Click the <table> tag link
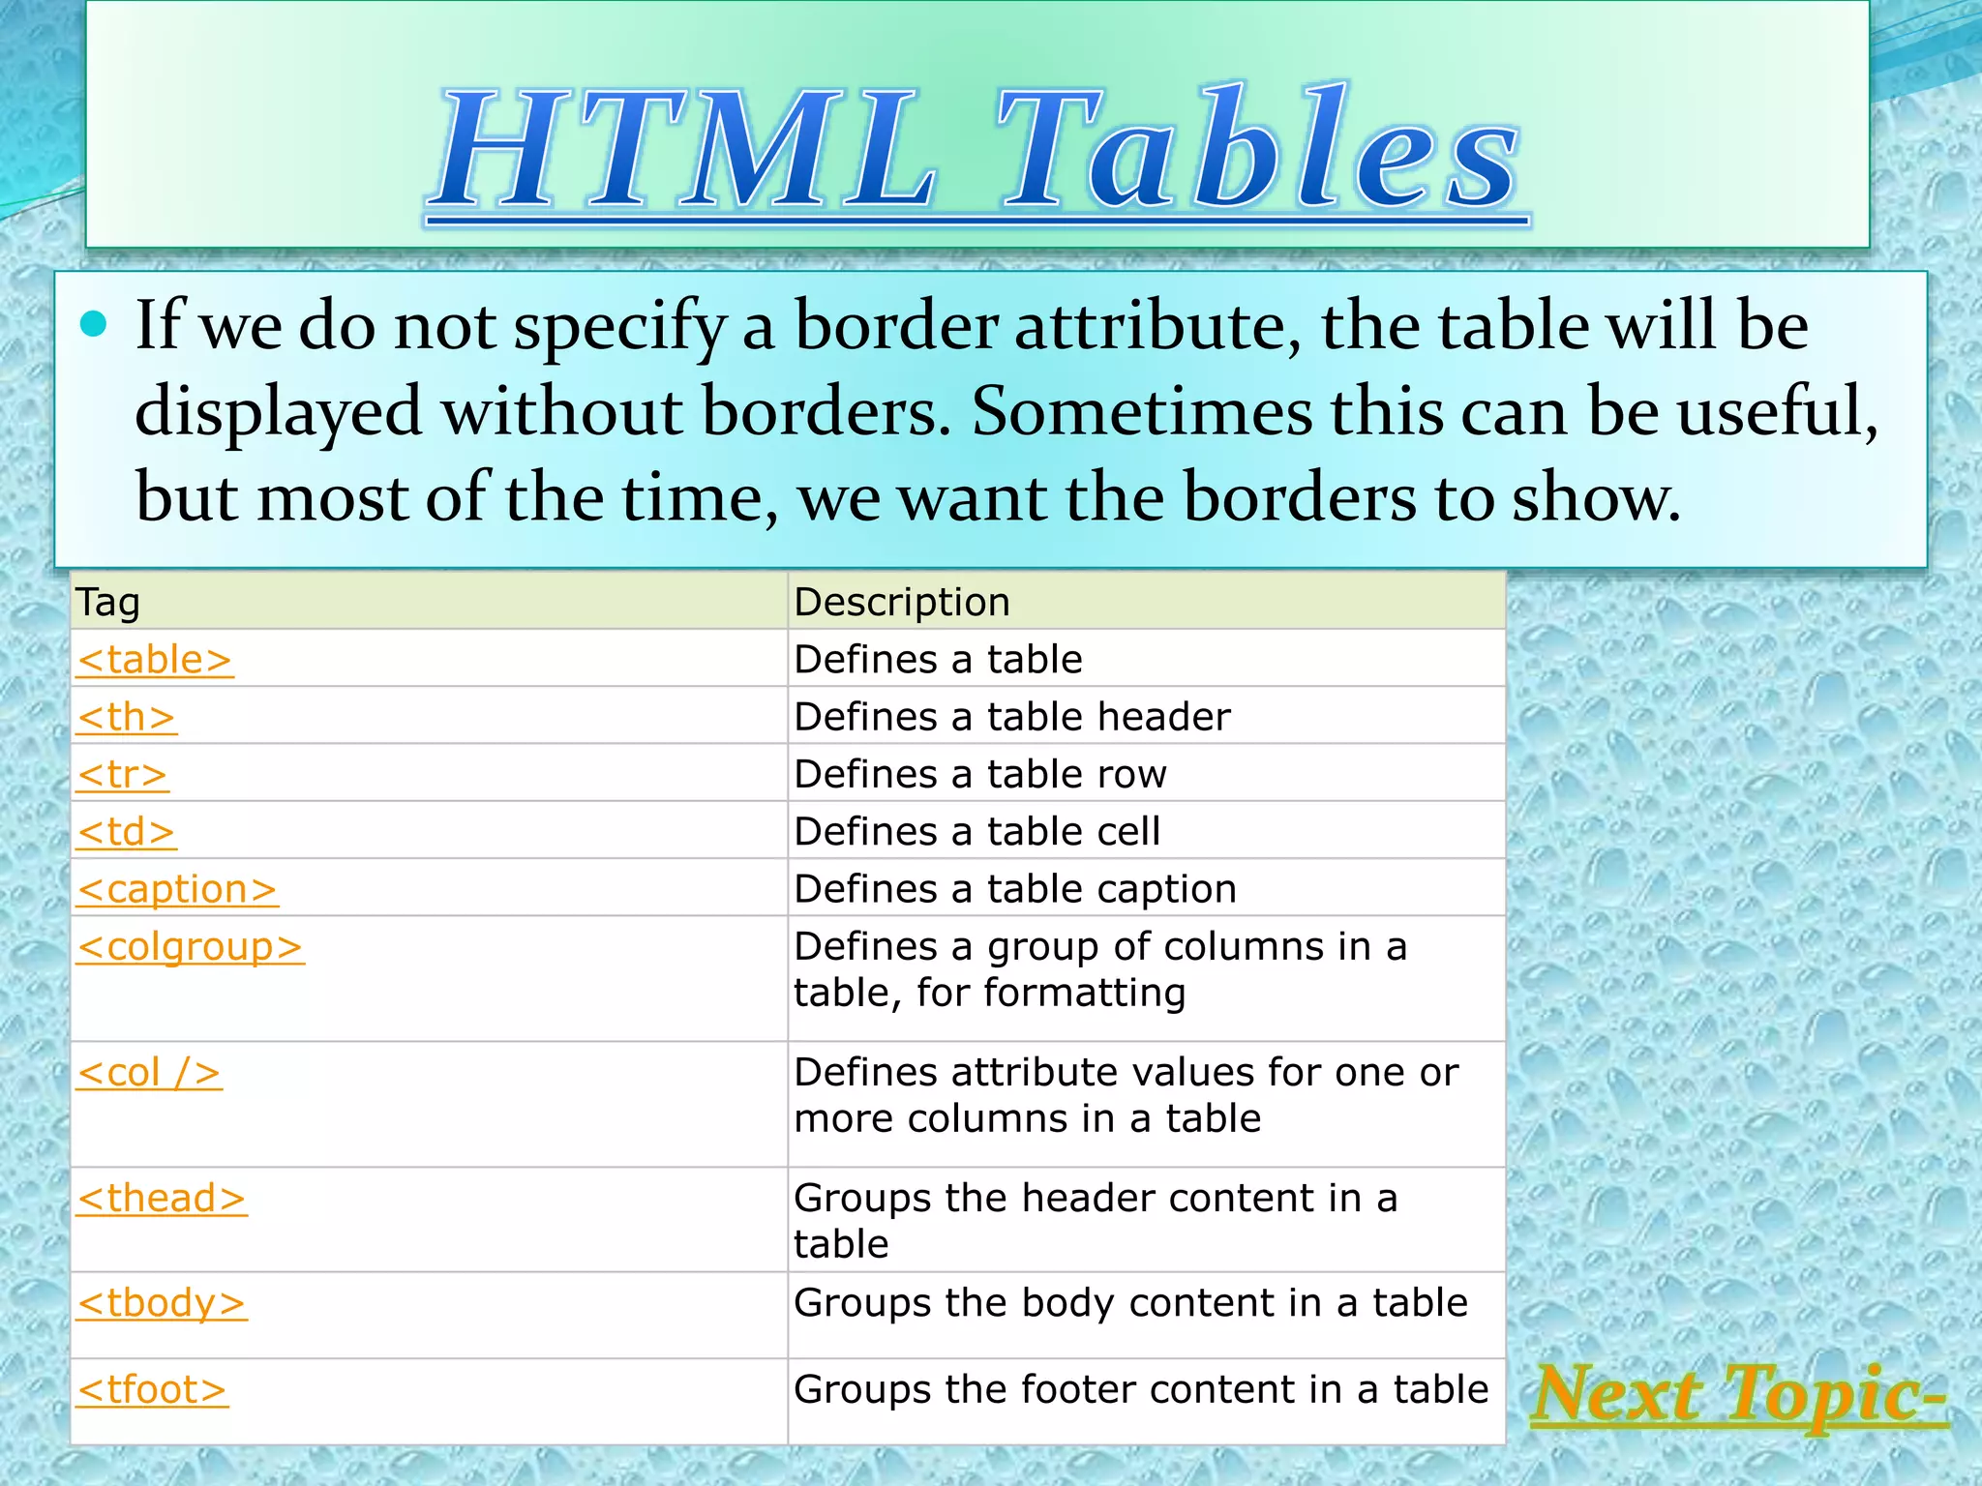tap(155, 660)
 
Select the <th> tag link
tap(127, 718)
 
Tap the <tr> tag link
tap(123, 775)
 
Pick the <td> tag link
tap(127, 832)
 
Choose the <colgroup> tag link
tap(191, 947)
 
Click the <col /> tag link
tap(149, 1073)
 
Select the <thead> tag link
tap(162, 1199)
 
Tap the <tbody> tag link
tap(162, 1303)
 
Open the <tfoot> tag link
tap(152, 1390)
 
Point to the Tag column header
tap(108, 602)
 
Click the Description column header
tap(902, 602)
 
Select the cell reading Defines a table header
tap(1011, 717)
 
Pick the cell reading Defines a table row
tap(979, 774)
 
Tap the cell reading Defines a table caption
tap(1014, 889)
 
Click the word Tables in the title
tap(1258, 150)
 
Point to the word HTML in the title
tap(686, 150)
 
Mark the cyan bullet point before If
tap(94, 325)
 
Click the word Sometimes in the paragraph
tap(1142, 412)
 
